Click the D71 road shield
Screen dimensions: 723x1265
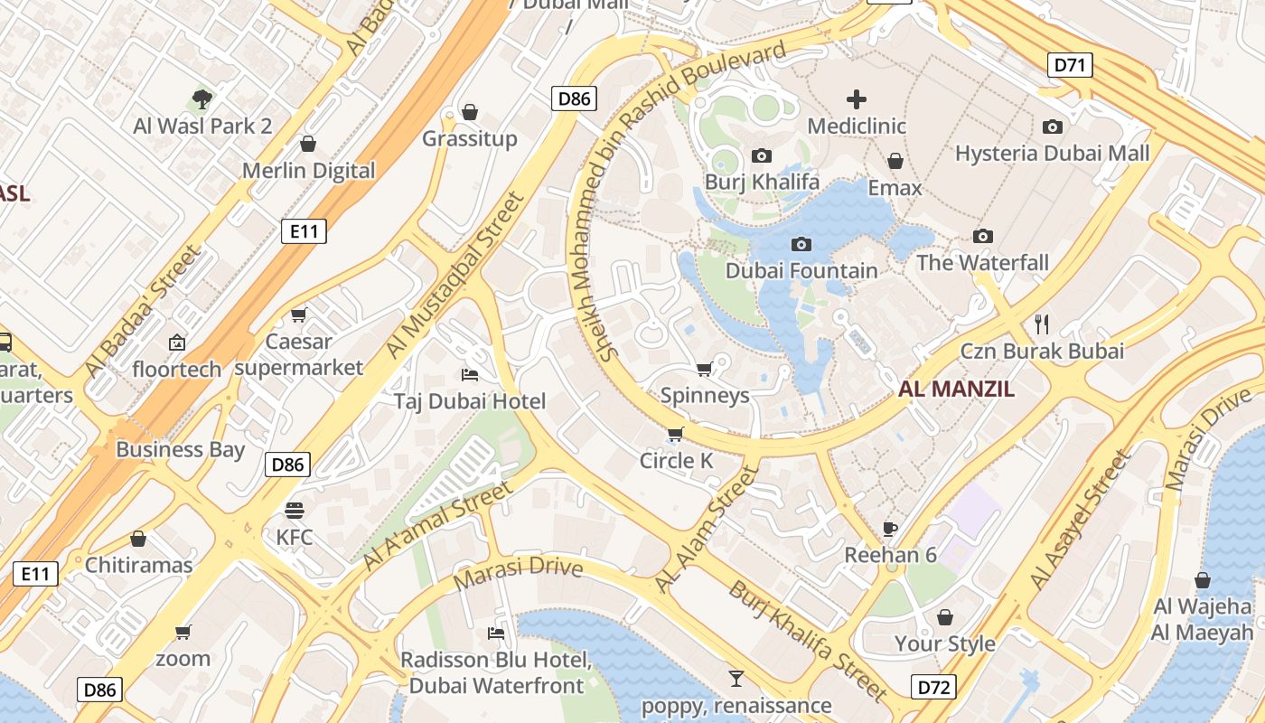point(1072,65)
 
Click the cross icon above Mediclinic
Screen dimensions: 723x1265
point(857,99)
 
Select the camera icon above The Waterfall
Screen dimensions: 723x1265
point(983,237)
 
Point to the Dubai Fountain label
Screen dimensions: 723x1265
point(801,270)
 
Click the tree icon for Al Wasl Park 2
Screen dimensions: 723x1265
point(202,99)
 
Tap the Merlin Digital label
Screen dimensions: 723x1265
point(308,170)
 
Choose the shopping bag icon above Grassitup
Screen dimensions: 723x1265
point(470,112)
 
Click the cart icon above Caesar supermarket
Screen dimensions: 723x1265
point(299,315)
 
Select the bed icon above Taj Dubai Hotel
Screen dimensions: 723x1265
point(470,374)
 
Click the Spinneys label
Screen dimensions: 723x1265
point(705,395)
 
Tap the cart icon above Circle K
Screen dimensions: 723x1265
point(676,435)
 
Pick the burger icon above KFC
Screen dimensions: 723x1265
point(295,510)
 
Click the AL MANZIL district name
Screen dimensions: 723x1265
point(956,390)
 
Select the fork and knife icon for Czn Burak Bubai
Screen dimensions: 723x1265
point(1042,324)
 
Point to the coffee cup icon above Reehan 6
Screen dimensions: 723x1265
point(890,529)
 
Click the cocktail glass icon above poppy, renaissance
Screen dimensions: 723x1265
point(736,678)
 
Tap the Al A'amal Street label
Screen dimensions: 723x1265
point(436,526)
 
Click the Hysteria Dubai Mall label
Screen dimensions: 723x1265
point(1053,153)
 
